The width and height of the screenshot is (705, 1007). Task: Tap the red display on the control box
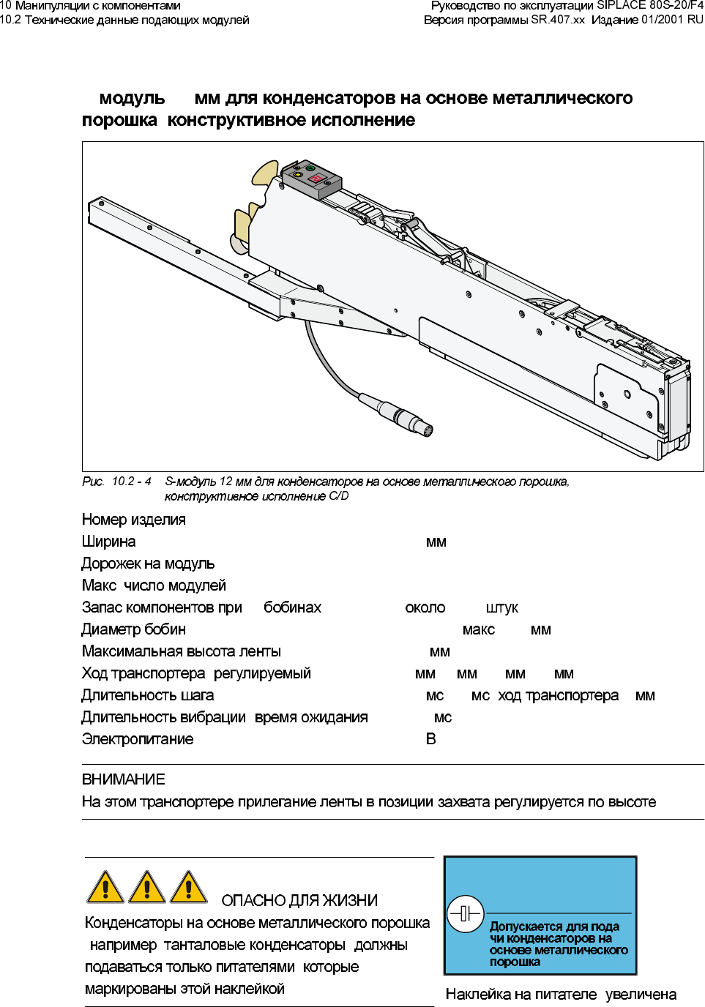point(317,179)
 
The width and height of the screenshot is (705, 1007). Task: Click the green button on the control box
point(310,168)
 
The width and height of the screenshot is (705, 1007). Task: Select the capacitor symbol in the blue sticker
point(465,913)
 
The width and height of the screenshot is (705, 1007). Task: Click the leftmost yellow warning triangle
point(105,887)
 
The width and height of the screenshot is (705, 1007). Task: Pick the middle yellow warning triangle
point(147,887)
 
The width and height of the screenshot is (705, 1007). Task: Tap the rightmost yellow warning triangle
point(189,887)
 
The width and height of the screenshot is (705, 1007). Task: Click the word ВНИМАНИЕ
point(124,779)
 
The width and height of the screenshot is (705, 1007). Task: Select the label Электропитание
point(138,739)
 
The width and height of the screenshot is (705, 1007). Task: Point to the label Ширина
point(108,542)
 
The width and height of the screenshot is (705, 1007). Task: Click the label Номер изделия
point(134,520)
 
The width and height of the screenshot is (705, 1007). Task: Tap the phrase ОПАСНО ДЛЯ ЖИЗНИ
point(299,901)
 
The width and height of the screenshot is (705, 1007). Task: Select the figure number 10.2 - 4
point(132,482)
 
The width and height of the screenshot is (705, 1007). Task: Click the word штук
point(501,607)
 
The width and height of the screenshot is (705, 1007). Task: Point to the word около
point(425,607)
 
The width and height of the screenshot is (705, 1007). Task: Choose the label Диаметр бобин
point(134,629)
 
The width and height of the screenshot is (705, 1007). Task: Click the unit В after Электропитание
point(430,739)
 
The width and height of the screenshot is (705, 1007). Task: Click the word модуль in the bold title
point(132,98)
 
